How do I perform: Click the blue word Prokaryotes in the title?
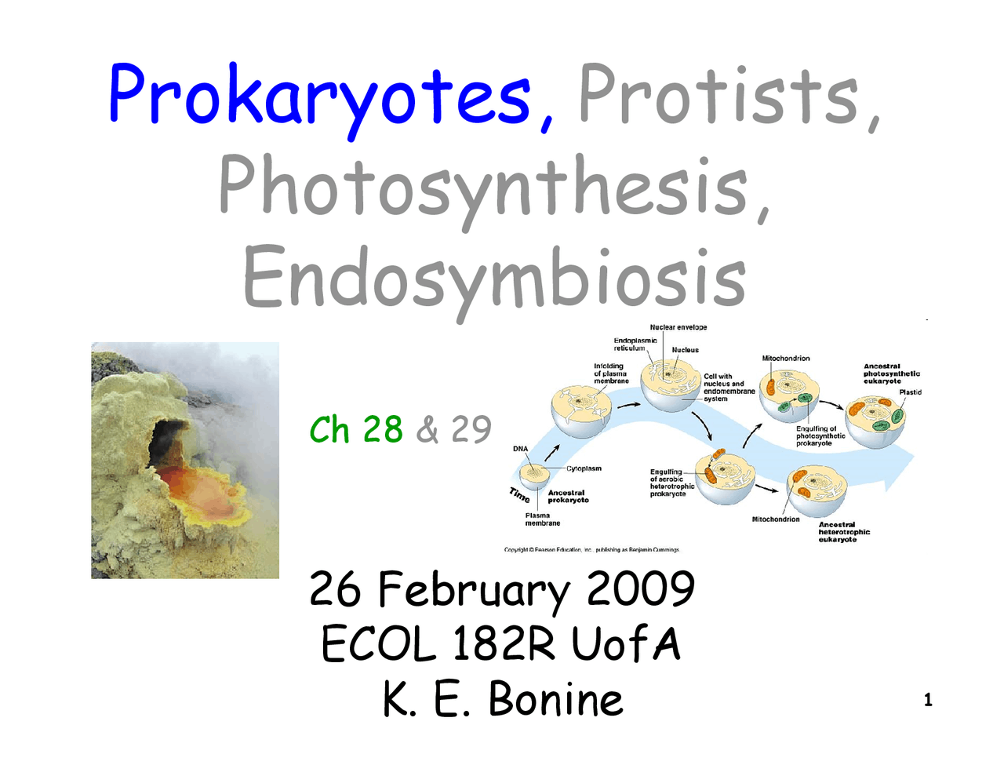[320, 96]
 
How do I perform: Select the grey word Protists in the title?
[718, 96]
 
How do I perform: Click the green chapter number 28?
[383, 430]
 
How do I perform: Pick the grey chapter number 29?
[471, 430]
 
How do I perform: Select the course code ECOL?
[378, 646]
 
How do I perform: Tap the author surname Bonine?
[556, 699]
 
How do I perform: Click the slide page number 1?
[928, 701]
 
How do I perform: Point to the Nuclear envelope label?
[678, 327]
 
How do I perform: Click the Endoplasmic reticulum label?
[635, 344]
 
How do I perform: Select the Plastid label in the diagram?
[910, 392]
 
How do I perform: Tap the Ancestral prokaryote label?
[568, 497]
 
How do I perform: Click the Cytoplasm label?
[584, 468]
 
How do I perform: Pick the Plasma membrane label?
[542, 519]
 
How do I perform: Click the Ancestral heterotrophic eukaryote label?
[844, 532]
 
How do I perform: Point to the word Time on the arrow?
[519, 495]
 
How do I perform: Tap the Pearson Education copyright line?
[591, 550]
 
